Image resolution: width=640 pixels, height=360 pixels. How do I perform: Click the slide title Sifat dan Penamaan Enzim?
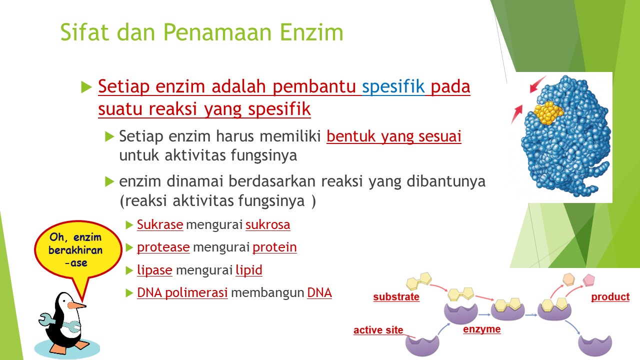201,32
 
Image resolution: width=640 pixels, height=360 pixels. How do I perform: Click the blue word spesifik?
393,87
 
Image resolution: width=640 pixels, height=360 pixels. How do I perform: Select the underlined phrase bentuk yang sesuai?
393,136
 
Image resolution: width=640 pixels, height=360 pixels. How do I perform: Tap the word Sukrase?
160,225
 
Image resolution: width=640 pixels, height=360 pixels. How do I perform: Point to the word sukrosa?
267,225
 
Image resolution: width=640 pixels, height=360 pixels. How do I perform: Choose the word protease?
163,247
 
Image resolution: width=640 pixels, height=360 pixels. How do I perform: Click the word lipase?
154,270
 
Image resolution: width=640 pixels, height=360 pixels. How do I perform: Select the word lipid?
248,270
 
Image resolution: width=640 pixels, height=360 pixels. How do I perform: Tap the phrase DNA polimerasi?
182,293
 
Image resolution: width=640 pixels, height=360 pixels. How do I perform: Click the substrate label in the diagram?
396,297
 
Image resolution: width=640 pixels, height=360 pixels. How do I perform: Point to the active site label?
378,330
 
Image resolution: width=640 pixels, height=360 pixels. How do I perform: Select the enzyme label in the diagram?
481,329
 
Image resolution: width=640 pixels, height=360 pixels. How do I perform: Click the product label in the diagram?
610,297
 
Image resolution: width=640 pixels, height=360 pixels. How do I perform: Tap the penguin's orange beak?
76,305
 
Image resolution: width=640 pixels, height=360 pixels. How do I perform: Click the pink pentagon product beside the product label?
588,279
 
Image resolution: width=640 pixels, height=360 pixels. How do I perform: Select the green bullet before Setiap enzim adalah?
86,87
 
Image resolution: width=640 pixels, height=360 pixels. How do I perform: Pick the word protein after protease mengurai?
274,247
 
